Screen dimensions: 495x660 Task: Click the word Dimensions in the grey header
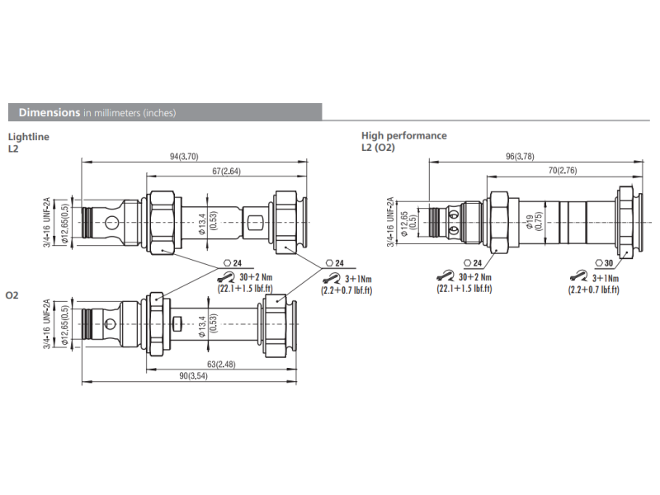click(x=49, y=112)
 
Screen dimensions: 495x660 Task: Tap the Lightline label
click(x=27, y=136)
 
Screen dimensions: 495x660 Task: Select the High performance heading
click(x=403, y=135)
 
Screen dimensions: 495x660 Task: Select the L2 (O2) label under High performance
click(x=378, y=148)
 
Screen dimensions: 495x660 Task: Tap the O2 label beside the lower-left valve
click(x=13, y=295)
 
